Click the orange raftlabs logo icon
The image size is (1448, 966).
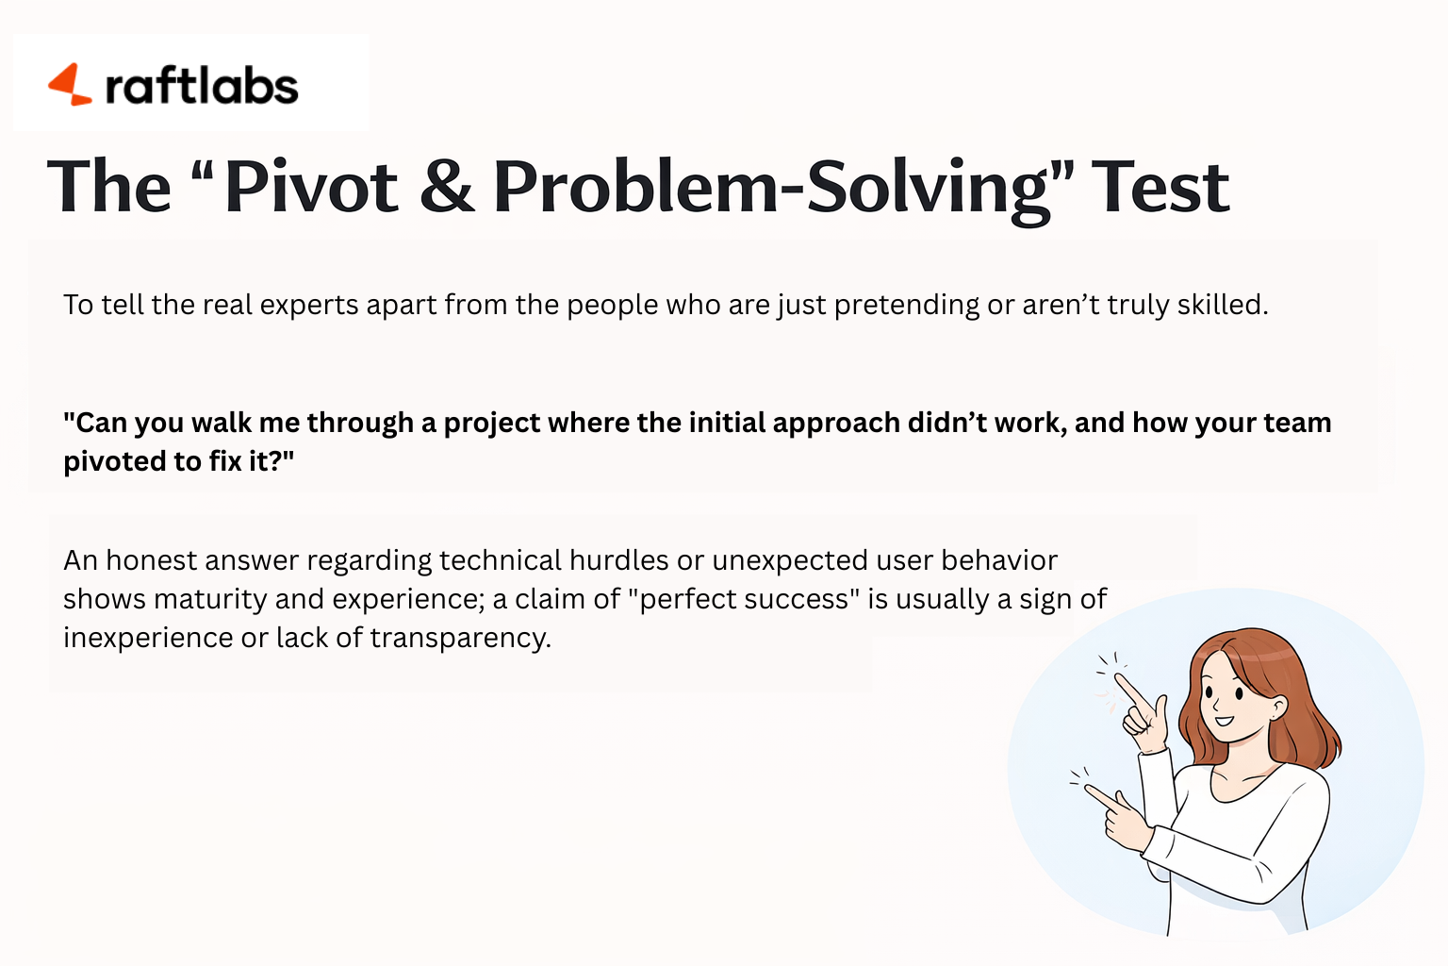(x=69, y=85)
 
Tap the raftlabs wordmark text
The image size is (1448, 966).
(x=202, y=87)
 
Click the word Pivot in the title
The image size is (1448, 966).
(x=311, y=187)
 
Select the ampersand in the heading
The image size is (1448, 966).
(x=447, y=187)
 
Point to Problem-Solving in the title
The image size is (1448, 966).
(x=770, y=187)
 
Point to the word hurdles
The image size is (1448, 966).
(x=618, y=560)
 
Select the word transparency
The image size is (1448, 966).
(x=460, y=639)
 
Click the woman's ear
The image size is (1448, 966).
(x=1277, y=708)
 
